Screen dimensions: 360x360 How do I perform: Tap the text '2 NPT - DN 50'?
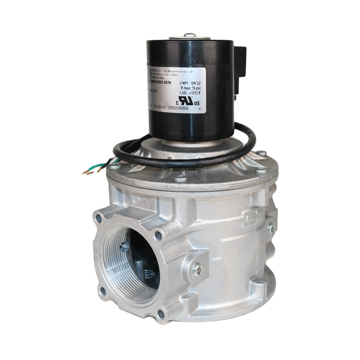tap(189, 83)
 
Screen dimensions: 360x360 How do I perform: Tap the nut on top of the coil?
tap(190, 35)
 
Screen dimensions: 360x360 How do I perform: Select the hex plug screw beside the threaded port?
tap(198, 270)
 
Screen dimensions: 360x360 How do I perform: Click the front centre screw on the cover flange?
tap(181, 179)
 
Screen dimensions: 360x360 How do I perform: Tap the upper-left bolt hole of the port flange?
tap(98, 218)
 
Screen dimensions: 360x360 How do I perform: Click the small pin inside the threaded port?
tap(124, 247)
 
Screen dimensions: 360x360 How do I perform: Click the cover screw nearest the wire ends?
tap(115, 166)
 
